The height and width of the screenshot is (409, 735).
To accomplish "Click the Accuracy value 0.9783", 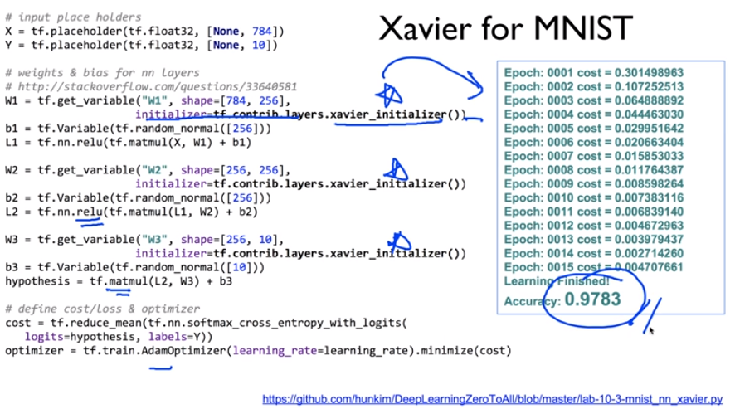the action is (592, 299).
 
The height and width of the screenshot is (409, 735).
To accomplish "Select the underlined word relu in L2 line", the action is (89, 212).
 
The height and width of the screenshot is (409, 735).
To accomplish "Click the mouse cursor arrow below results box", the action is (651, 330).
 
